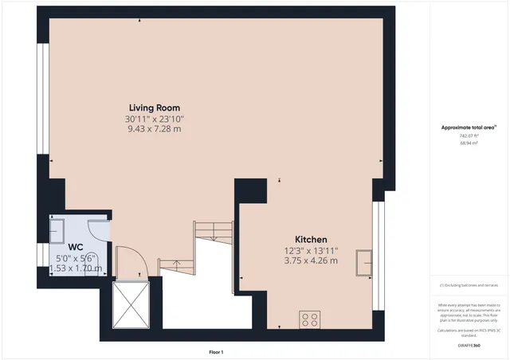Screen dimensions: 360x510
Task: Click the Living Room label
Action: coord(155,108)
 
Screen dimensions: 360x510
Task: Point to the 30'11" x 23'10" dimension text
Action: coord(155,119)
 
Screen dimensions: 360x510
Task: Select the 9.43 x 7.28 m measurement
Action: coord(155,128)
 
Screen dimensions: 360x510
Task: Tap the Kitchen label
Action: coord(311,240)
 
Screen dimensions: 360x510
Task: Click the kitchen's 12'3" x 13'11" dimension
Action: coord(311,251)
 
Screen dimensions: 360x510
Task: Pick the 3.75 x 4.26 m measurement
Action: coord(311,260)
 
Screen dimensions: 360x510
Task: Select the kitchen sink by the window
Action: coord(366,262)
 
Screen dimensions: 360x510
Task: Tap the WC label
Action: coord(76,247)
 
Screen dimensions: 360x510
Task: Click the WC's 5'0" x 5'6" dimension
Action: coord(76,258)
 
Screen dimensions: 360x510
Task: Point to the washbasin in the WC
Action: coord(58,231)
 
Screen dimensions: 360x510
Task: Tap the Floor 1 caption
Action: coord(215,351)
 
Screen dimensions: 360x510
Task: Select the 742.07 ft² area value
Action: coord(469,136)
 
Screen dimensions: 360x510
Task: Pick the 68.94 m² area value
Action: coord(469,144)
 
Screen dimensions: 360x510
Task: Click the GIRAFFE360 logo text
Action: coord(469,345)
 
